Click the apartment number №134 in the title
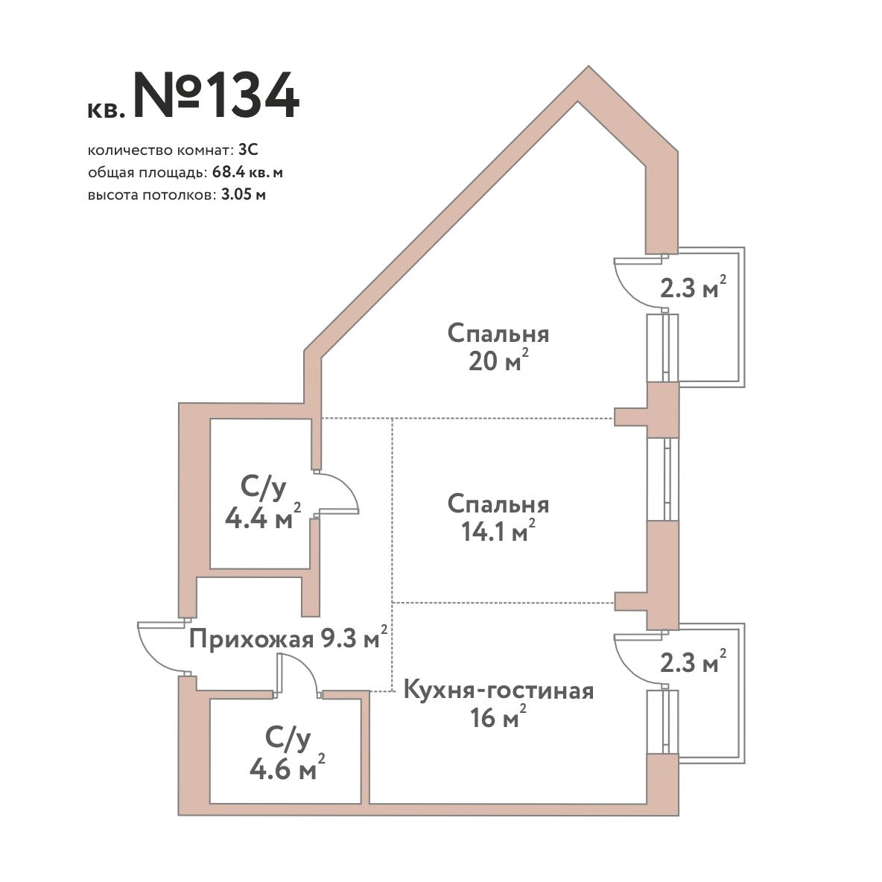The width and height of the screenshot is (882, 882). point(216,95)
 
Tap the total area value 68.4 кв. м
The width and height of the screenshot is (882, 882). point(247,173)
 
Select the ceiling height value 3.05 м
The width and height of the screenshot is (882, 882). point(244,195)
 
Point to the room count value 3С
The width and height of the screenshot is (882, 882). point(248,150)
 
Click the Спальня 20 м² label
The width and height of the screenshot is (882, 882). point(498,347)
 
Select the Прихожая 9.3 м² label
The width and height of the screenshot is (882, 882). point(288,638)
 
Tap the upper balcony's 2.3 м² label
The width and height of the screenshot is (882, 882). point(693,288)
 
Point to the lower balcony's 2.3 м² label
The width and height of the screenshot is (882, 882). point(693,662)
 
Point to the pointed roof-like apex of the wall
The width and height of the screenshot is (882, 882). point(588,68)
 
